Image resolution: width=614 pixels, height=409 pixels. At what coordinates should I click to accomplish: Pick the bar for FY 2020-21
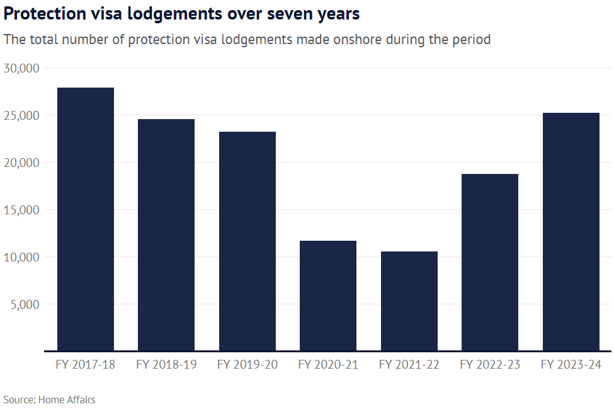click(328, 296)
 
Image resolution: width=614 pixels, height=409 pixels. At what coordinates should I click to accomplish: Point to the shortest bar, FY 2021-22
click(409, 301)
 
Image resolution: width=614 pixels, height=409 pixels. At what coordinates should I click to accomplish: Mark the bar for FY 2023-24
click(571, 231)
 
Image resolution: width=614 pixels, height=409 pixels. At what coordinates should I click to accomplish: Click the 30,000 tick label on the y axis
click(22, 68)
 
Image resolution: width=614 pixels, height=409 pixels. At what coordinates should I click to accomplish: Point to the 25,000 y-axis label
click(22, 115)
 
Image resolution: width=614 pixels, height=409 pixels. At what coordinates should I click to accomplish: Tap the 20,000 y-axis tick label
click(22, 163)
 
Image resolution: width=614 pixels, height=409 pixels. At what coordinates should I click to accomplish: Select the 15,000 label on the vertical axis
click(22, 210)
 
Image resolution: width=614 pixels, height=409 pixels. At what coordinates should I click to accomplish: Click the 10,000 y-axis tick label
click(22, 257)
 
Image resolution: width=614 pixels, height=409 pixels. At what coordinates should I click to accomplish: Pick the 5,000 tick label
click(25, 304)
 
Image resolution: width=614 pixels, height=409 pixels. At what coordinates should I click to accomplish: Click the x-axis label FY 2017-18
click(86, 365)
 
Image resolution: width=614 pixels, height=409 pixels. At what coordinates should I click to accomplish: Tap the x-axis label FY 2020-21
click(328, 365)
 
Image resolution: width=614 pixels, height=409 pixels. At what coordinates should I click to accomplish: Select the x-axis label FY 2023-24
click(571, 365)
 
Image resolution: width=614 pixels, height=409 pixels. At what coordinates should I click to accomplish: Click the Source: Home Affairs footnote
click(49, 400)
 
